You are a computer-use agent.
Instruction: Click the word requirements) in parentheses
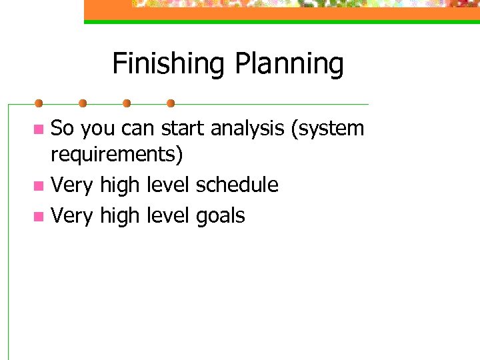tap(117, 155)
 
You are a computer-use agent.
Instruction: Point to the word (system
tap(327, 128)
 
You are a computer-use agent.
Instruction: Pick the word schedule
tap(237, 185)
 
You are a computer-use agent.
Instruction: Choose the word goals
tap(221, 216)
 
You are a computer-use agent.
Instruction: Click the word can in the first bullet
tap(139, 128)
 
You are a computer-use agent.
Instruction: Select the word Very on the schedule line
tap(72, 185)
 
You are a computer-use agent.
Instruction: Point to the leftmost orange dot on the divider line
tap(39, 103)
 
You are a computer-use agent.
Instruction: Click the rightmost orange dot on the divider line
tap(171, 103)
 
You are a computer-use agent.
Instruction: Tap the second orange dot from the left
tap(83, 103)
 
